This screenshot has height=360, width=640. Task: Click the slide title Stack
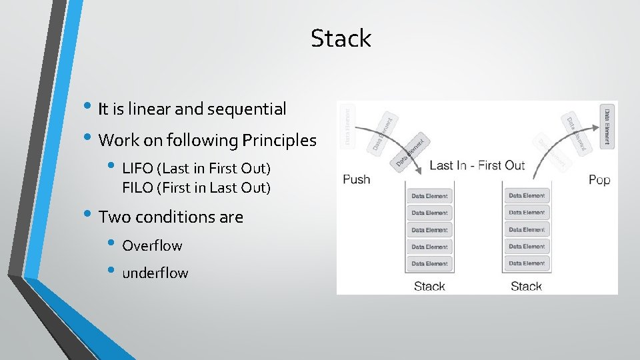pos(341,38)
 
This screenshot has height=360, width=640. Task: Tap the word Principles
pos(279,141)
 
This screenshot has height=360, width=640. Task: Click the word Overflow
pos(152,245)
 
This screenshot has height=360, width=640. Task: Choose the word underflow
pos(155,273)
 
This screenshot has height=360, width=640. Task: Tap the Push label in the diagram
pos(356,179)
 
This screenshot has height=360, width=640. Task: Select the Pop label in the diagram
pos(599,180)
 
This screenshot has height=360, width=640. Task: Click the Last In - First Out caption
pos(477,165)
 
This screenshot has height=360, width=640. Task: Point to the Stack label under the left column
pos(429,287)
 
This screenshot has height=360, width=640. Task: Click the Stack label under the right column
pos(526,287)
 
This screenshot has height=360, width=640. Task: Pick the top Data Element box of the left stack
pos(430,196)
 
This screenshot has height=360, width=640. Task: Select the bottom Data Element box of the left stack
pos(430,263)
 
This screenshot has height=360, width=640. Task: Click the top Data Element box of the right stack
pos(527,196)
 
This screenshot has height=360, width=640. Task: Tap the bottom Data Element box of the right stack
pos(527,263)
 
